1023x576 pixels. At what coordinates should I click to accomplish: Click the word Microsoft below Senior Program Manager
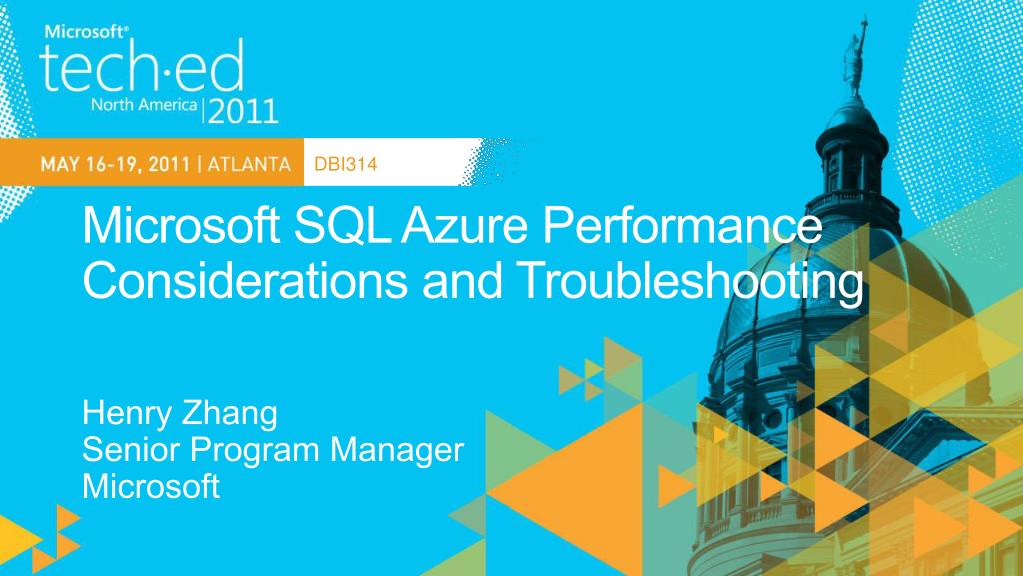[150, 487]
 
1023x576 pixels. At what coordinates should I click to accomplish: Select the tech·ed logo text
[141, 68]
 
